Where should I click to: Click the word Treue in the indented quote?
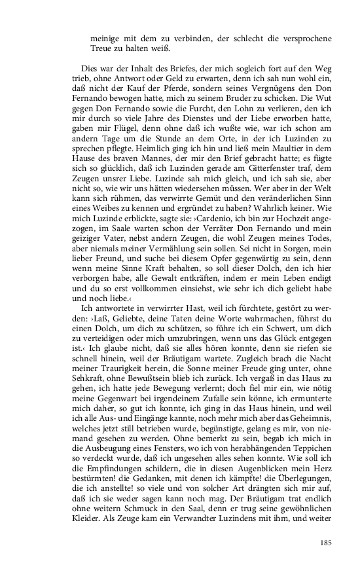pyautogui.click(x=104, y=48)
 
